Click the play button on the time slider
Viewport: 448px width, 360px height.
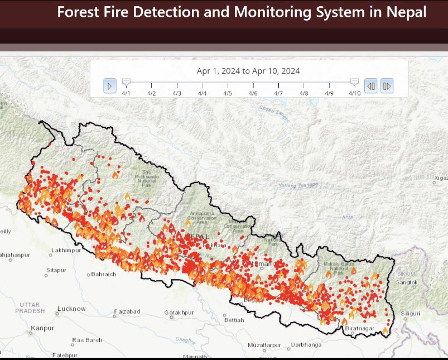pyautogui.click(x=110, y=85)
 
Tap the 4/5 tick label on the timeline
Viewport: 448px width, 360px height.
pyautogui.click(x=228, y=93)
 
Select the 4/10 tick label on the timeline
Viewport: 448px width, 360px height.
pyautogui.click(x=354, y=93)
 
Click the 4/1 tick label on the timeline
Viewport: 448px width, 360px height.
pyautogui.click(x=126, y=93)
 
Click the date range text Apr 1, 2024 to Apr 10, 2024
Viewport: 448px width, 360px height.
pyautogui.click(x=248, y=71)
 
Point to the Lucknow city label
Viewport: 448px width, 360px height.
pyautogui.click(x=71, y=308)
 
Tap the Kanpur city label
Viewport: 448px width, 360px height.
pyautogui.click(x=42, y=328)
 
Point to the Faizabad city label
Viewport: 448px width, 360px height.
pyautogui.click(x=127, y=311)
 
